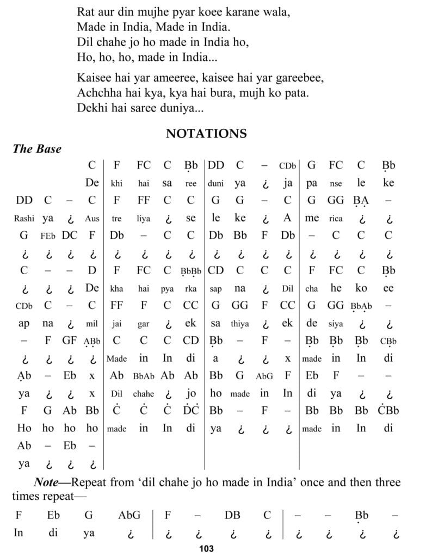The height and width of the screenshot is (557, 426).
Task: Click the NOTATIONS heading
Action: [206, 133]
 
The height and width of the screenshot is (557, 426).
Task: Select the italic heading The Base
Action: [37, 149]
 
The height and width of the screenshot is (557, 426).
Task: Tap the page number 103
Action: [206, 548]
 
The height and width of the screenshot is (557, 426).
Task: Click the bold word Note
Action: [47, 482]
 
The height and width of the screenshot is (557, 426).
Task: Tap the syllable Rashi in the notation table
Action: [24, 219]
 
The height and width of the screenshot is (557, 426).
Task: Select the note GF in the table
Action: [69, 341]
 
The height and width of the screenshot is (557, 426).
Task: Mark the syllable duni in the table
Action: [215, 184]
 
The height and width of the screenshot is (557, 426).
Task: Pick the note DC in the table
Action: [70, 236]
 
